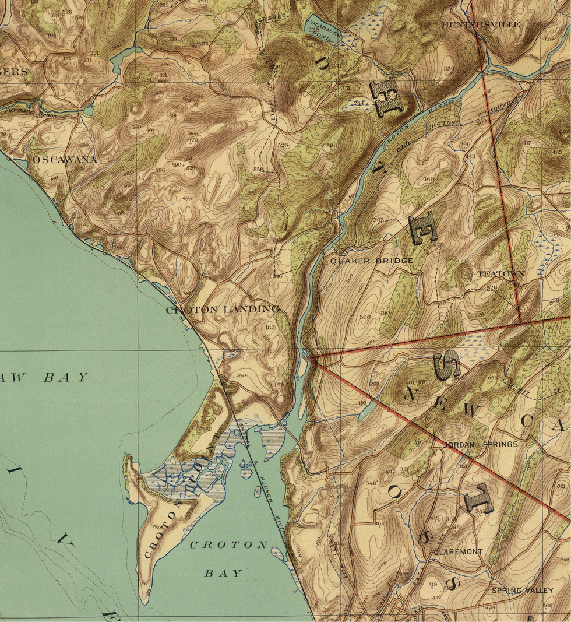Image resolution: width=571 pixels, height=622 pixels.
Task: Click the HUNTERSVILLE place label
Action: (481, 25)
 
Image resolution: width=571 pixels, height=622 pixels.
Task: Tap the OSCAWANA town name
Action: (65, 159)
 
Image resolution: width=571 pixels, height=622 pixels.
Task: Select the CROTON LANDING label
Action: (223, 309)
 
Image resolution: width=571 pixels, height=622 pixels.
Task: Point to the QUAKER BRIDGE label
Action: (372, 261)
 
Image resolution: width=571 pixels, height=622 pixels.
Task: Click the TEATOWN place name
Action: (501, 273)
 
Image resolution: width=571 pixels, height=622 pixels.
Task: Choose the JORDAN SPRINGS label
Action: (480, 444)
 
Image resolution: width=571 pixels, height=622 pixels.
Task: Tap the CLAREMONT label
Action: (457, 551)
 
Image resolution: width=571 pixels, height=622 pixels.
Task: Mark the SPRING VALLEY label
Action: (522, 591)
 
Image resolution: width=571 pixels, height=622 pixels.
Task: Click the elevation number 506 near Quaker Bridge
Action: (365, 317)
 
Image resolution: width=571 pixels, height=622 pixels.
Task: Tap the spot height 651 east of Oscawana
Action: (193, 140)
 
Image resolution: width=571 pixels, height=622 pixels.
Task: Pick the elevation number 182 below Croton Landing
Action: (269, 328)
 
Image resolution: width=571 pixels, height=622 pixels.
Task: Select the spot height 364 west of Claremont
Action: (379, 524)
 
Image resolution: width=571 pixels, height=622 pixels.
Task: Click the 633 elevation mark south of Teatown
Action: (492, 378)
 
